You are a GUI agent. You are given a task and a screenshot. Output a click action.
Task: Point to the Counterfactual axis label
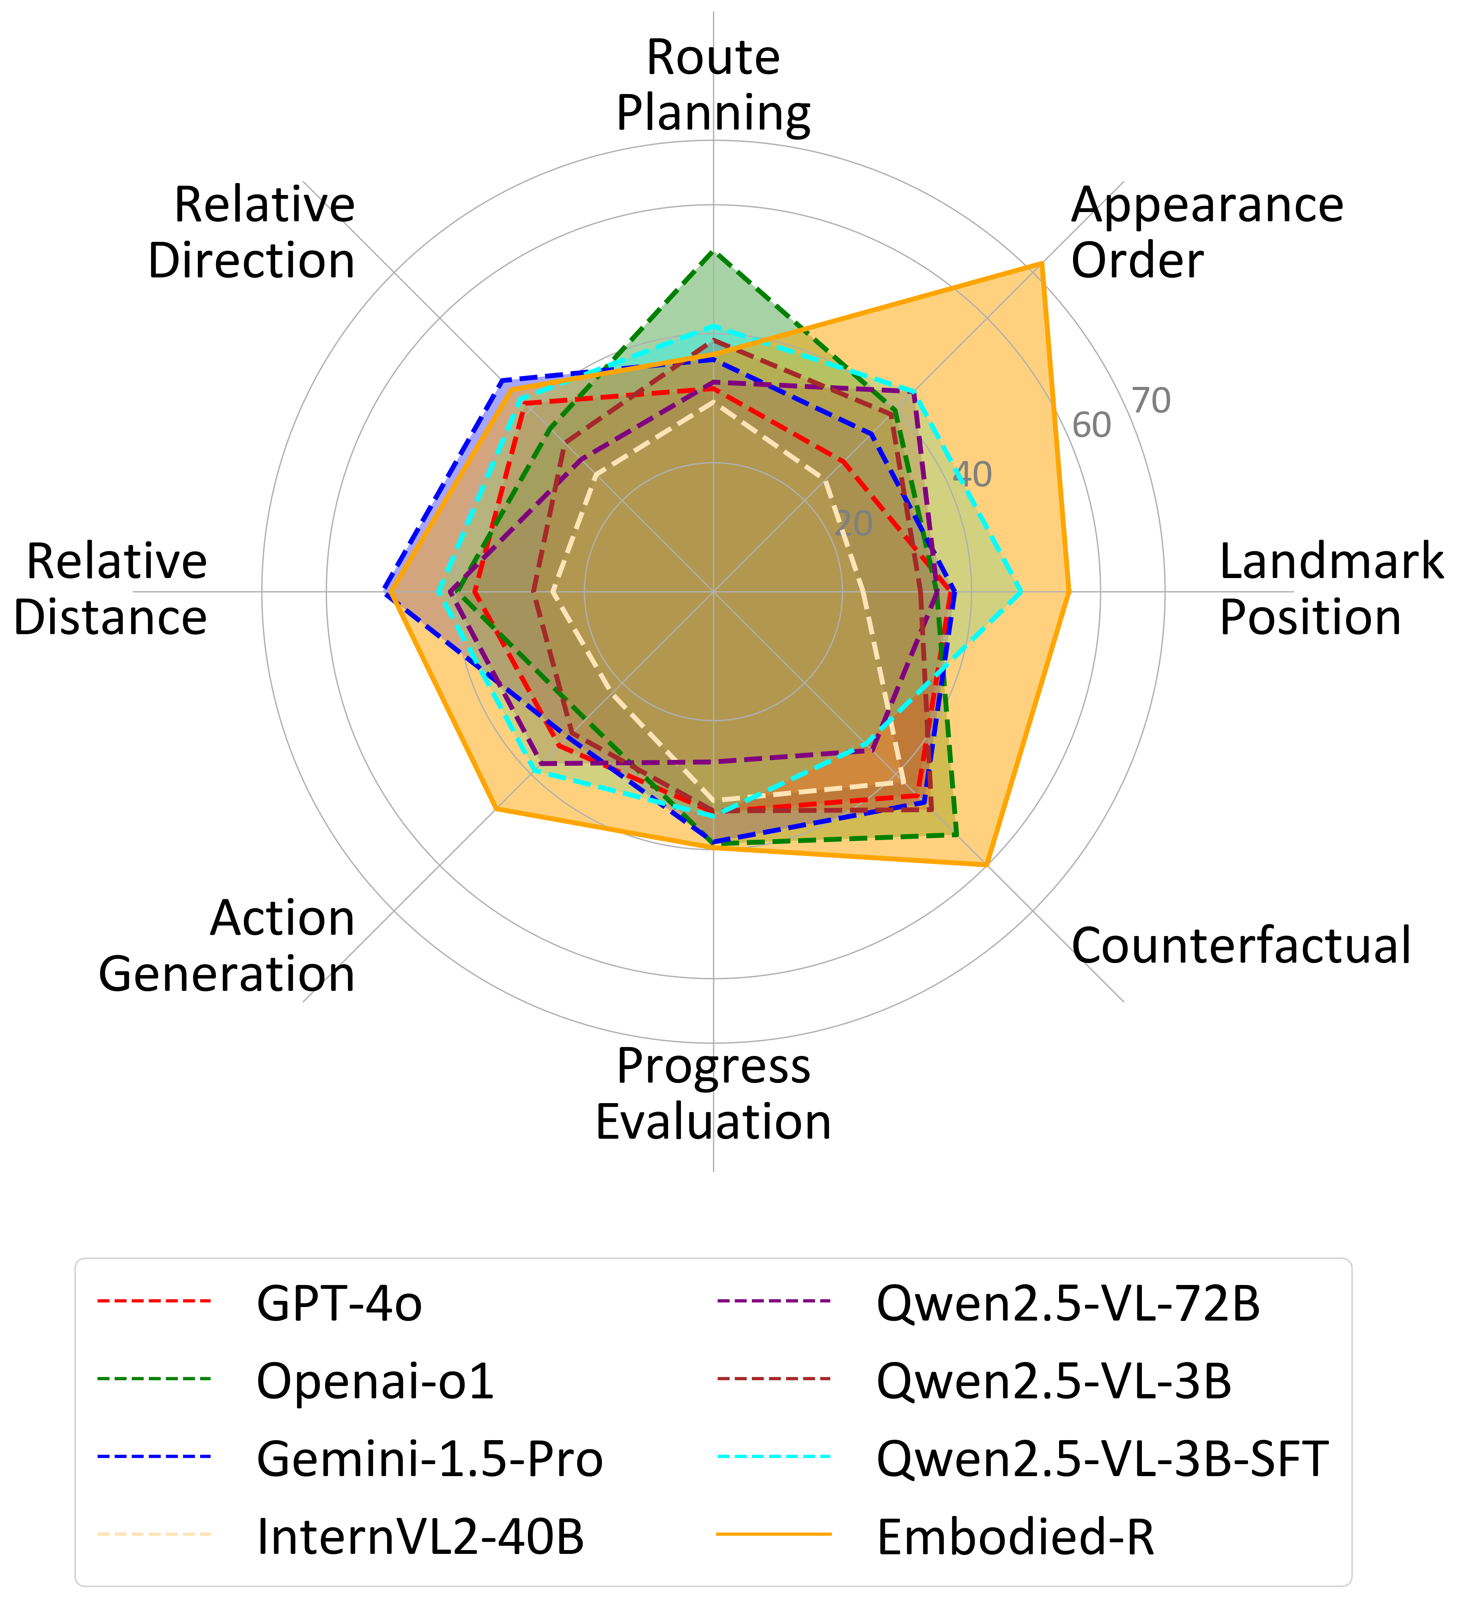click(x=1241, y=946)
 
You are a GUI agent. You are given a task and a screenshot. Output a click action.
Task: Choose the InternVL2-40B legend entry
click(x=420, y=1536)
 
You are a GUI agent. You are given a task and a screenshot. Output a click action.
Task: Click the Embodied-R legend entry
click(x=1015, y=1536)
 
